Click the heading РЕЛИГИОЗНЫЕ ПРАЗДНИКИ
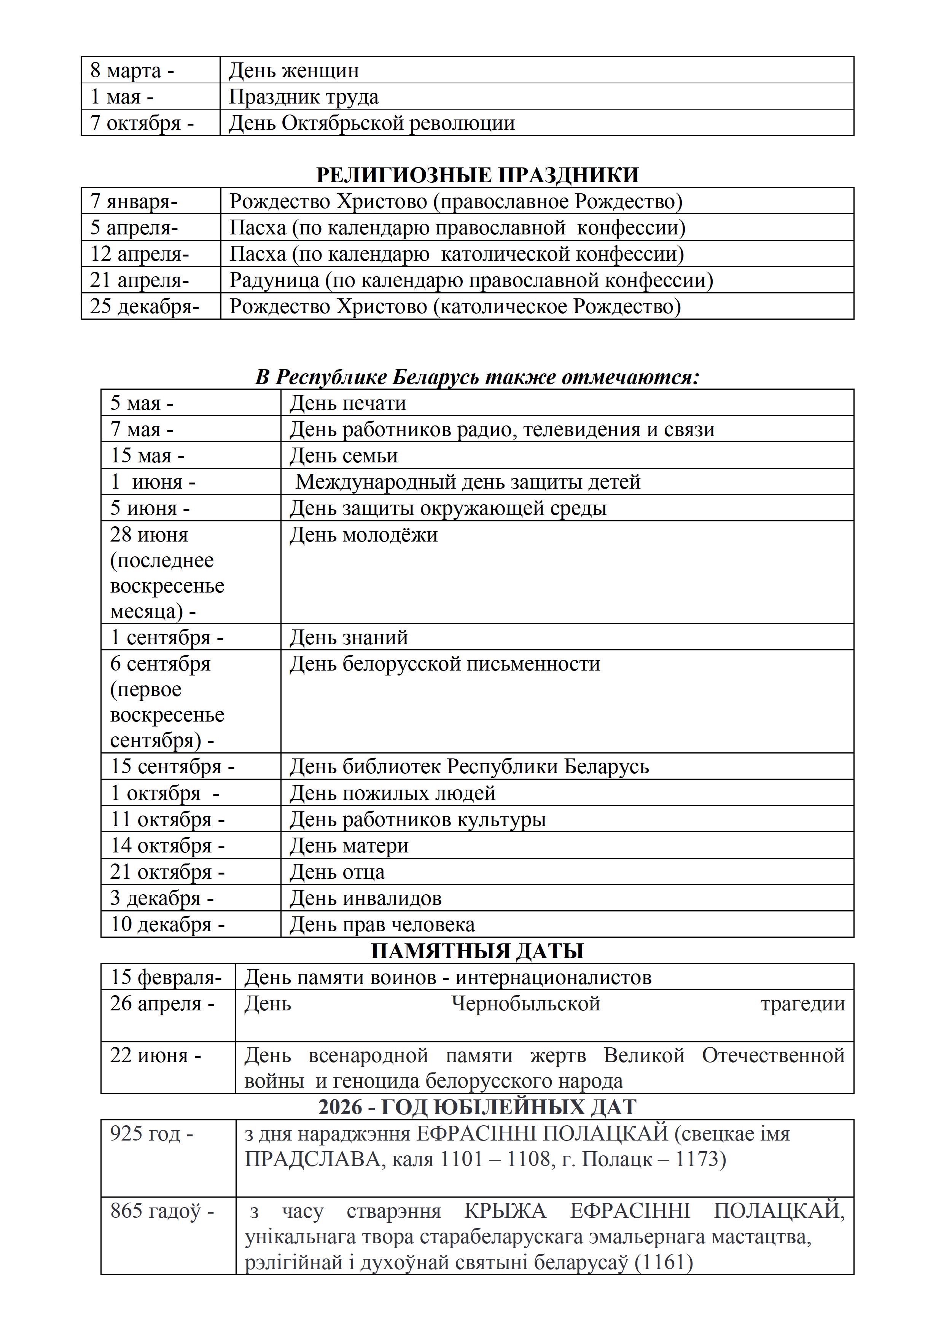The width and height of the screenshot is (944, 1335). pos(477,175)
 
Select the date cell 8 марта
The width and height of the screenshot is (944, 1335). pos(132,70)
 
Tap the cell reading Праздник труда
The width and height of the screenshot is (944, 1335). pos(303,97)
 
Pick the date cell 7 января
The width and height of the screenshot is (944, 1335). pos(134,201)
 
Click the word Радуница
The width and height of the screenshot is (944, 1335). pos(274,280)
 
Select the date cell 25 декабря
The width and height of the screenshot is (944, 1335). pos(145,306)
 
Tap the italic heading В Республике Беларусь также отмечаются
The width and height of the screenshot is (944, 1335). pos(477,378)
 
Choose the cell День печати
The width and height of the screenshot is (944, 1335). pos(348,403)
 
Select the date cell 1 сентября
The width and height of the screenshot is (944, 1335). pos(167,638)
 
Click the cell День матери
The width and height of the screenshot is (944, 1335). pos(349,846)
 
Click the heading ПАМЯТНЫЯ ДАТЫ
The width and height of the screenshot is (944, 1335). pos(477,951)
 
